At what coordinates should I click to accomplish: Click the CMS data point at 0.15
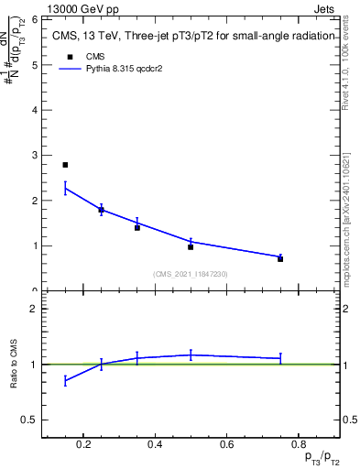click(65, 165)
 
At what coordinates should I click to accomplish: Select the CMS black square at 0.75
click(280, 259)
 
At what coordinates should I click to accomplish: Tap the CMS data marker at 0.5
click(191, 247)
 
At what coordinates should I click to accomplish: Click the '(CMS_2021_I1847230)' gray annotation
click(191, 274)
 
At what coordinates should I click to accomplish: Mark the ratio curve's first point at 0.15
click(65, 380)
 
